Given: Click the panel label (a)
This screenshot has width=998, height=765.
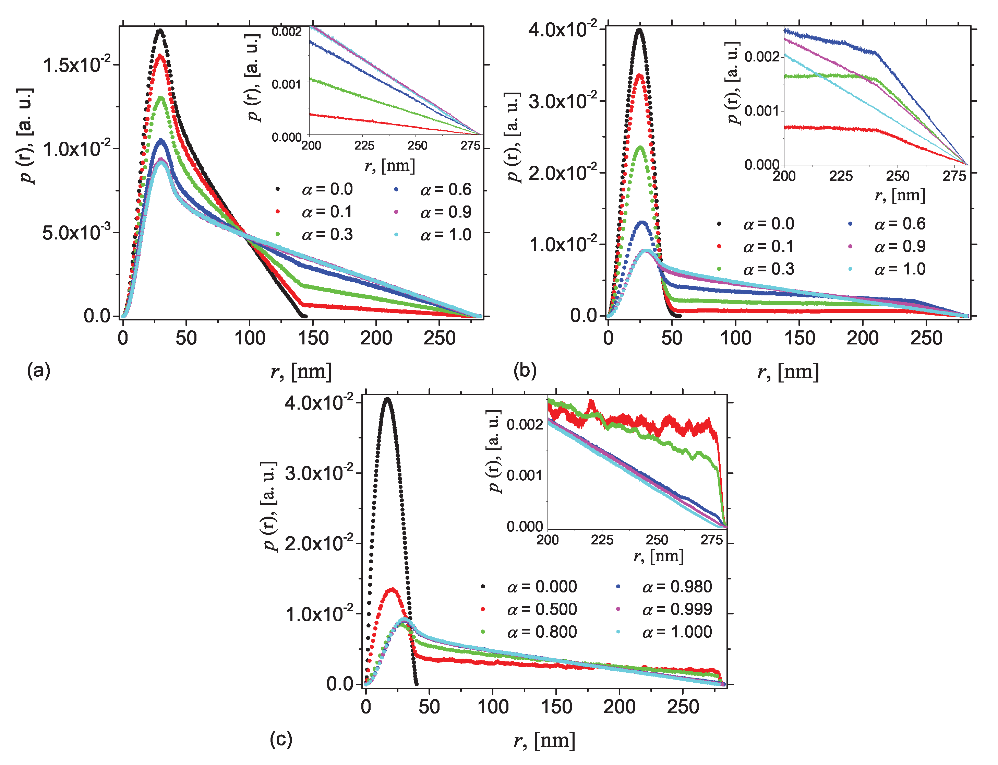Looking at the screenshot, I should (38, 370).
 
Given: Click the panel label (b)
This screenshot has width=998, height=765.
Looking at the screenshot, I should (525, 370).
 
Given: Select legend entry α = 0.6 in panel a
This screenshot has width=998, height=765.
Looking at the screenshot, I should (445, 189).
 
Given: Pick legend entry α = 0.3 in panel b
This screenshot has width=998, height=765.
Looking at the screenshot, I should (768, 269).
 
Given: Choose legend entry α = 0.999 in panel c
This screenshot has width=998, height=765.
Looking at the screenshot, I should (676, 609).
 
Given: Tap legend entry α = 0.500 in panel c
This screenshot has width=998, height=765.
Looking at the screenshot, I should (542, 609).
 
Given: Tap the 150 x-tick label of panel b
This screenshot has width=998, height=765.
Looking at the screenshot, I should (799, 338).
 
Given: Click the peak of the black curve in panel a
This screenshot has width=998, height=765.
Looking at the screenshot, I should (160, 31).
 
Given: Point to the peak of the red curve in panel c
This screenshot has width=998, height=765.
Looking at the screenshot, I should (392, 589).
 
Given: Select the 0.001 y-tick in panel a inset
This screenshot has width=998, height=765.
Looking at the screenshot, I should (287, 85).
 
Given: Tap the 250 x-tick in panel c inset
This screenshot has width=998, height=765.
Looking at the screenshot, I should (657, 540).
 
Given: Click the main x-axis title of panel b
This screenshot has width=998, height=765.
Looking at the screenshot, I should (788, 372).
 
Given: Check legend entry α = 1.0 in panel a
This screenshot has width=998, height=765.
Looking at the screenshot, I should (445, 235).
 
